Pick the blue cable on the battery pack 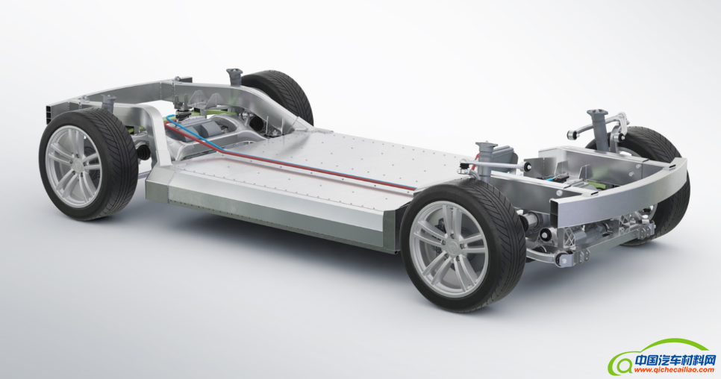pos(294,157)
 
